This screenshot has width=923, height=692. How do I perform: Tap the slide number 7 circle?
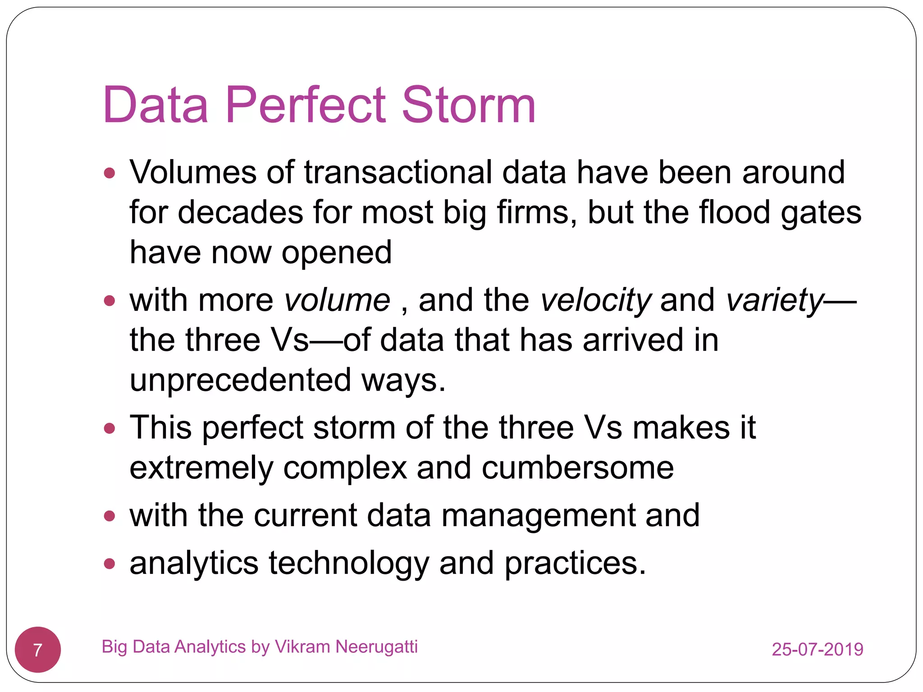coord(38,650)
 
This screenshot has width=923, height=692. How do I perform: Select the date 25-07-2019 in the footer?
coord(817,649)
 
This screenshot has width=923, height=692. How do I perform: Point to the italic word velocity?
coord(595,300)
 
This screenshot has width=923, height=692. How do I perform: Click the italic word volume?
coord(337,300)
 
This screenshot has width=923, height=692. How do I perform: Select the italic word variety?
coord(775,300)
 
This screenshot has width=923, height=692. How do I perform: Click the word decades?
coord(240,212)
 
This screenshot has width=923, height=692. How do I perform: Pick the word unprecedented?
coord(240,380)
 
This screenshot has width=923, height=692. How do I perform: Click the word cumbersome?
coord(577,468)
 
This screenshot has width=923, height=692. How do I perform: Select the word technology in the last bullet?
coord(349,563)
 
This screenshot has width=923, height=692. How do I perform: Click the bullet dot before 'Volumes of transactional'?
coord(110,173)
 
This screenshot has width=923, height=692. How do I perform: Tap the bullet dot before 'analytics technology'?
coord(110,563)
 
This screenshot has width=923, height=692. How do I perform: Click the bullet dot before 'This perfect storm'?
coord(110,428)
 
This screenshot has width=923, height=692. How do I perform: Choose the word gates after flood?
coord(821,213)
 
